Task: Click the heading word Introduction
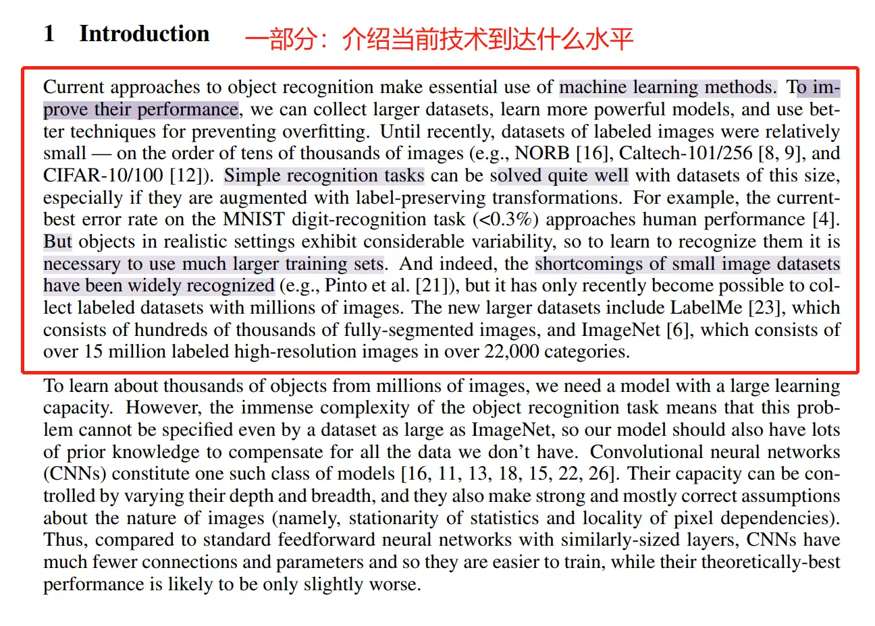tap(144, 34)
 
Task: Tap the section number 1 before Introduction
tap(49, 34)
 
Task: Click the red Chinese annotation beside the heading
tap(439, 39)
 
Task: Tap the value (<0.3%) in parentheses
tap(506, 219)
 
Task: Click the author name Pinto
tap(346, 285)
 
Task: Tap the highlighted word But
tap(57, 241)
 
